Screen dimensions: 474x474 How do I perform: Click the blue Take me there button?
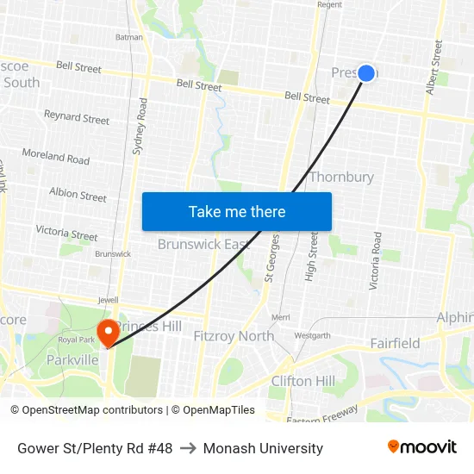237,211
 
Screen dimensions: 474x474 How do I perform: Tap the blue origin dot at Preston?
366,73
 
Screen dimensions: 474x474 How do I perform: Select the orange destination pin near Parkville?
109,333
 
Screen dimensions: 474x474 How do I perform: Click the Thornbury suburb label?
341,177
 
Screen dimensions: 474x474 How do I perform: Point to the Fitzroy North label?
234,336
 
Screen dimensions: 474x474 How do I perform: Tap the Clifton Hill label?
302,381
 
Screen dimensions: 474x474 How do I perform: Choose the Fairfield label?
395,343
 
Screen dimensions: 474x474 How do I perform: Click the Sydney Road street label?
140,126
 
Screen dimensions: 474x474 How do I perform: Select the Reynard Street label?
77,116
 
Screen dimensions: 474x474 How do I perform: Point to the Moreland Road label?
56,157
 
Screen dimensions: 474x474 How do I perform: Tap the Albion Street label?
78,195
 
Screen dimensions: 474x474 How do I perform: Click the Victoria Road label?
376,260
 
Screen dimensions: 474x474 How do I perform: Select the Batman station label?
128,37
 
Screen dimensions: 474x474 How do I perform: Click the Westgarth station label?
312,335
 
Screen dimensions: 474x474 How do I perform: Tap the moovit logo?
422,447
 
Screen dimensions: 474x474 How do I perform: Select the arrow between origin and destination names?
187,448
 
